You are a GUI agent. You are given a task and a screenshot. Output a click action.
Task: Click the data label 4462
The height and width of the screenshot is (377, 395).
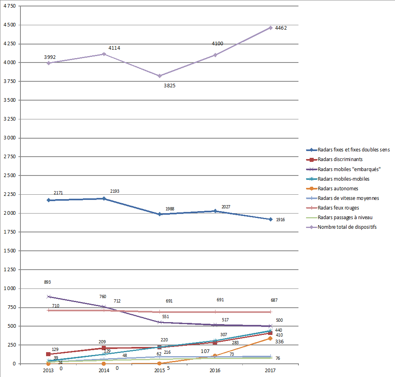coord(280,28)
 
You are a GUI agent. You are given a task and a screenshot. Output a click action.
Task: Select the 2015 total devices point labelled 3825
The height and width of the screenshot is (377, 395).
coord(159,76)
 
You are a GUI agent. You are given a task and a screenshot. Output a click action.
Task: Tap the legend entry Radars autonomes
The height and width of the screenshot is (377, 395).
coord(338,189)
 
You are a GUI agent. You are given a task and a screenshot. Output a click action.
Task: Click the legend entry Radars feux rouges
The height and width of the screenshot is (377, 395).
coord(338,208)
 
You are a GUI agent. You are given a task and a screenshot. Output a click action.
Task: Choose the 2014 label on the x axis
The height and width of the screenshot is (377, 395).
coord(104,371)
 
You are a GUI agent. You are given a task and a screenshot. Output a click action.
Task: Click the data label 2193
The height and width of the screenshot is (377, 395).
coord(115,192)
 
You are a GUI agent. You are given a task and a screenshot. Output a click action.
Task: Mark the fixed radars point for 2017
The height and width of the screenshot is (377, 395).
coord(270,219)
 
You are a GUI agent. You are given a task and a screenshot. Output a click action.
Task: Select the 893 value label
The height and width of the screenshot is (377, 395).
coord(47,282)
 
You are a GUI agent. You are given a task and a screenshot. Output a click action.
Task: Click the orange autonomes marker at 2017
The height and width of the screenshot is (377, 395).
coord(270,339)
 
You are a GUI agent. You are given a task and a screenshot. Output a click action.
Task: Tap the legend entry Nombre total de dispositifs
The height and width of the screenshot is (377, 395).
coord(347,227)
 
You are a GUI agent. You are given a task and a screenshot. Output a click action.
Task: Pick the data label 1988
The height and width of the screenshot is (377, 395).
coord(170,209)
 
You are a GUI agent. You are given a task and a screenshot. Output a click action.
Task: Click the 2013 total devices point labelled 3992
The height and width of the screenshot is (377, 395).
coord(48,63)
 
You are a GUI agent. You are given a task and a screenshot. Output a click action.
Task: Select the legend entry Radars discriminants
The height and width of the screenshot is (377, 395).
coord(340,159)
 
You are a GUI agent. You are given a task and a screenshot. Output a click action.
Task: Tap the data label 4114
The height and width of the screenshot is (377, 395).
coord(114,48)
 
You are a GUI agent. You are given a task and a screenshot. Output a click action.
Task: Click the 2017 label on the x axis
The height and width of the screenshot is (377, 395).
coord(270,371)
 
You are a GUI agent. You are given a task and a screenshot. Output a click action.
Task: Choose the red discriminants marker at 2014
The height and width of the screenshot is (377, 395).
coord(104,348)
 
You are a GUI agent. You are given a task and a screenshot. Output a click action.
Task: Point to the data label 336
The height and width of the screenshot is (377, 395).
coord(279,342)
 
